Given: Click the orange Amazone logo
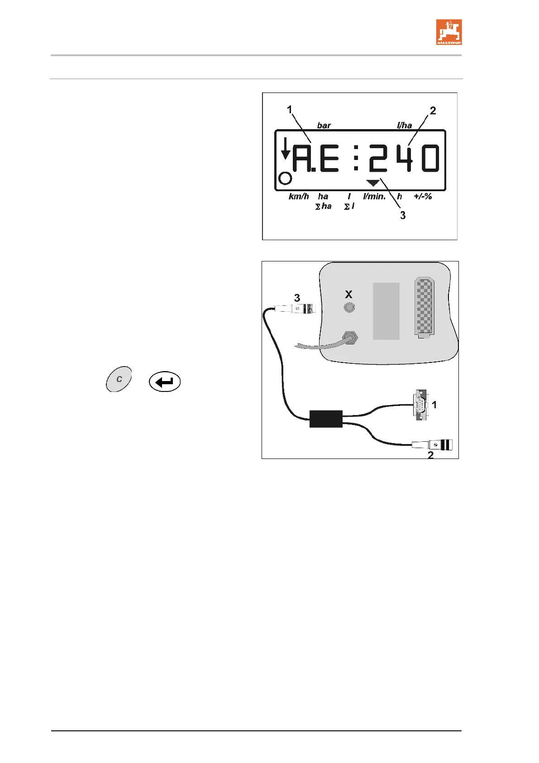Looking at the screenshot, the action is [x=448, y=32].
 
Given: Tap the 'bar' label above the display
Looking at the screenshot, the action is [x=324, y=126].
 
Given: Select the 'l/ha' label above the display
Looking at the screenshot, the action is [x=404, y=126].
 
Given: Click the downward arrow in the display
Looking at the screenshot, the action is [x=285, y=149].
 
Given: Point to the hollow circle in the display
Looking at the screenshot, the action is [x=285, y=179].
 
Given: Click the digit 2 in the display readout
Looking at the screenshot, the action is [x=378, y=158].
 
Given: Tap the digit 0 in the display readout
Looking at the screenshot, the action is [x=430, y=158].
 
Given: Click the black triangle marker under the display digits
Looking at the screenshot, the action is [x=373, y=183].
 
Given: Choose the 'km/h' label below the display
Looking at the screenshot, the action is [x=299, y=197].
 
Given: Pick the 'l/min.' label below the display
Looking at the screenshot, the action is [x=374, y=197].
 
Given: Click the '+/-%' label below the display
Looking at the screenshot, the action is [x=423, y=197].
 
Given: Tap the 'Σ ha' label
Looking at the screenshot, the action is [x=324, y=207].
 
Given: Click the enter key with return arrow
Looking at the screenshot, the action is [x=165, y=382].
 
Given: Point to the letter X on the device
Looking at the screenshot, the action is [x=348, y=295].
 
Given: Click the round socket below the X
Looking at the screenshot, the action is [x=349, y=308].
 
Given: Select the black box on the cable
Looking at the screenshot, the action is [x=326, y=419].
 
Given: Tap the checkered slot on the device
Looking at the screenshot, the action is [x=424, y=307].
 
